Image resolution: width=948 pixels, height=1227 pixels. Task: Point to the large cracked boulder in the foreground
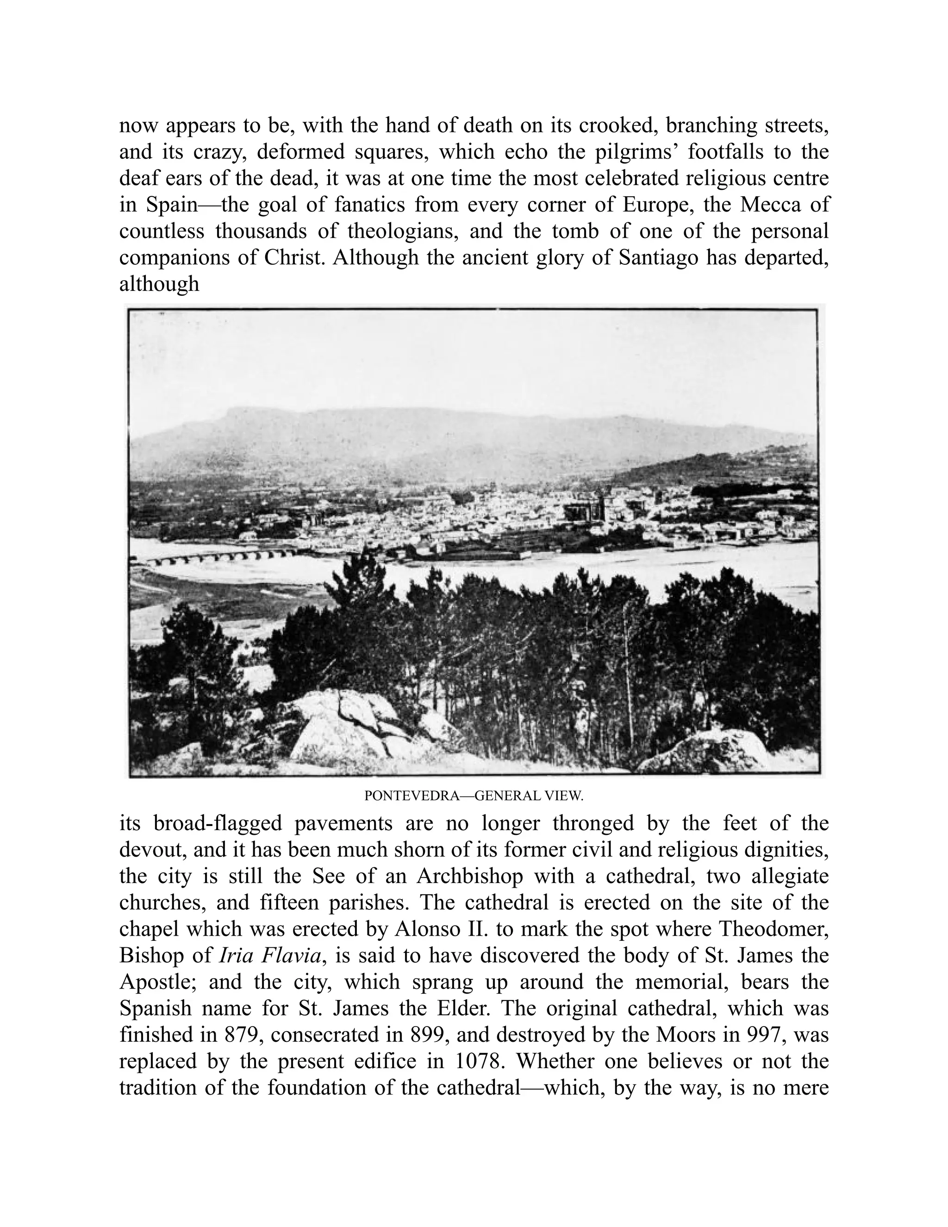(348, 725)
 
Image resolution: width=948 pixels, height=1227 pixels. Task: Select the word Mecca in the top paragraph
(767, 205)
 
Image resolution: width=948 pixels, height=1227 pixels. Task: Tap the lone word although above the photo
(159, 284)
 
